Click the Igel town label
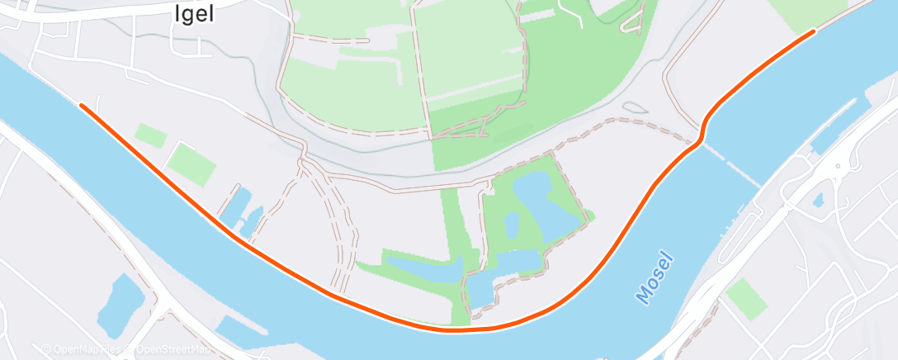pyautogui.click(x=191, y=15)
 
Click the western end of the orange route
pyautogui.click(x=81, y=105)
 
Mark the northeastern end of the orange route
pyautogui.click(x=814, y=31)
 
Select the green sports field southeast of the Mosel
pyautogui.click(x=746, y=298)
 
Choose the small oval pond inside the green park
pyautogui.click(x=512, y=223)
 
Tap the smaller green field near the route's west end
pyautogui.click(x=151, y=135)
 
